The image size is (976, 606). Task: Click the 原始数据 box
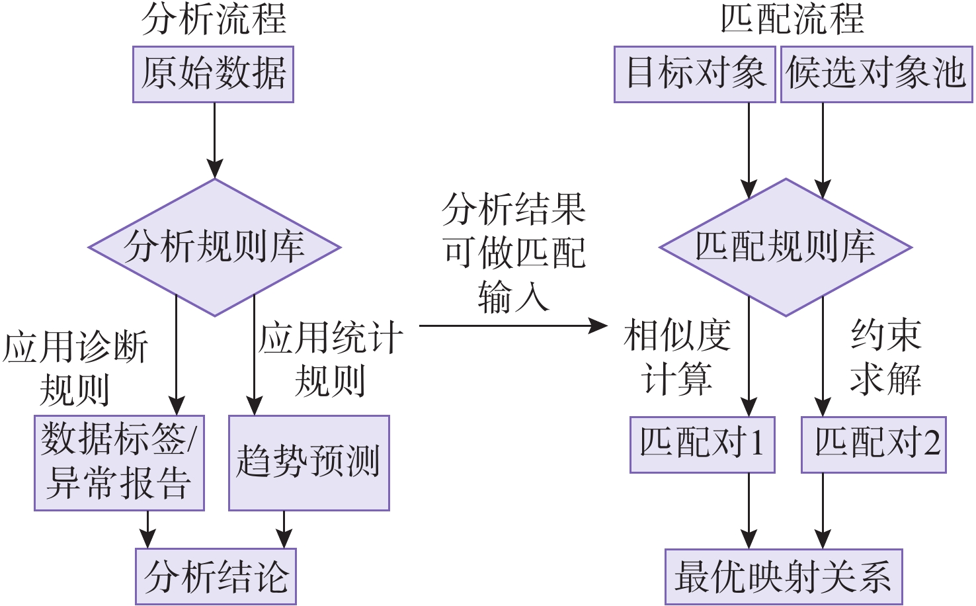(x=213, y=74)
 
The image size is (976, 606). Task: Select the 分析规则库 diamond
(x=214, y=247)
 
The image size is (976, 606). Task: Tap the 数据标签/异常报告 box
(x=119, y=462)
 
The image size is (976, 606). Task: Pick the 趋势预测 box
(x=309, y=462)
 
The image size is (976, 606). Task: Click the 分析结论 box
(x=216, y=576)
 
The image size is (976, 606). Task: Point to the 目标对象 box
(x=694, y=74)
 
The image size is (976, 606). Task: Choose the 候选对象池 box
(x=876, y=74)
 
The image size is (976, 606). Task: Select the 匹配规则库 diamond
(x=786, y=247)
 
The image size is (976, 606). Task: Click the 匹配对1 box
(x=702, y=444)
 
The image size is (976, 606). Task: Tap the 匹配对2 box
(x=874, y=444)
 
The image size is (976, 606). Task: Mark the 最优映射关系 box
(x=783, y=576)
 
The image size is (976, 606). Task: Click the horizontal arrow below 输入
(x=512, y=325)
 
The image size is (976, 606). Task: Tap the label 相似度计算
(x=677, y=357)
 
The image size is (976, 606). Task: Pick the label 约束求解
(x=885, y=357)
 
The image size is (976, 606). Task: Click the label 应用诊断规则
(x=75, y=368)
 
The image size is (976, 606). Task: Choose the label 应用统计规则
(x=330, y=359)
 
